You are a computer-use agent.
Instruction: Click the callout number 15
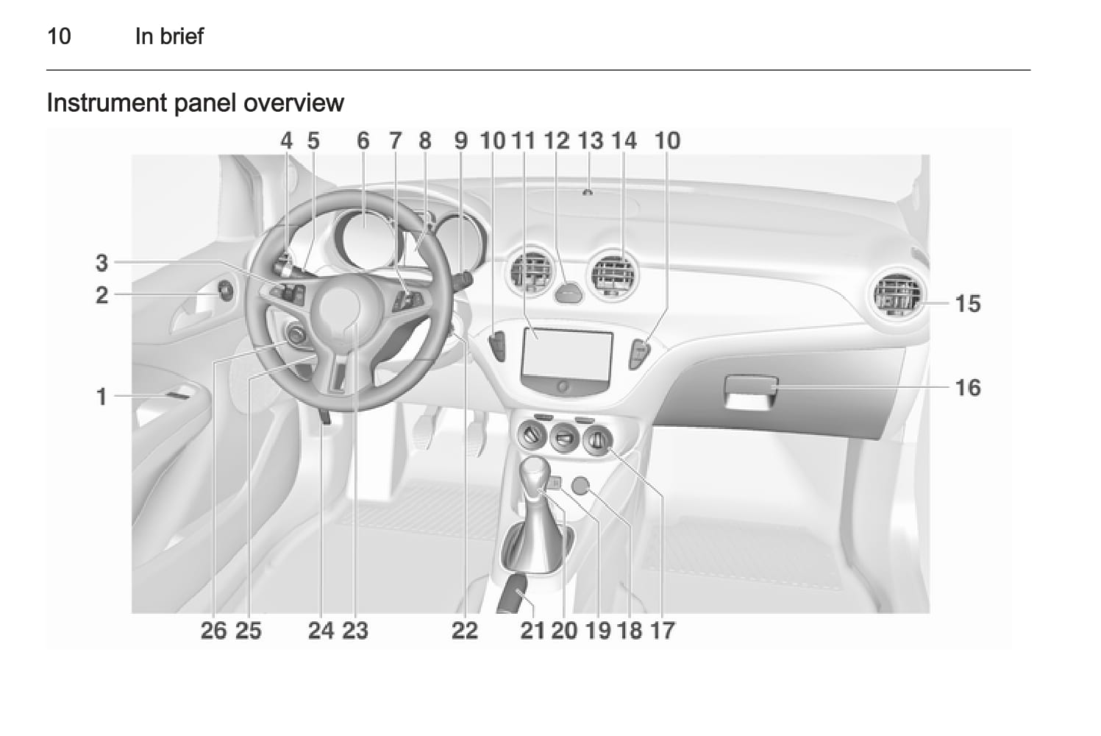[x=967, y=303]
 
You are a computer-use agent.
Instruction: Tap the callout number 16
[x=967, y=388]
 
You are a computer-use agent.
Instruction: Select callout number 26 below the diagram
[x=214, y=630]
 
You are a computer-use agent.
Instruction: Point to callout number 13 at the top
[x=590, y=141]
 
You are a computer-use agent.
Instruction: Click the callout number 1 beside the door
[x=101, y=397]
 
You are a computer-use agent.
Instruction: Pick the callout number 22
[x=465, y=630]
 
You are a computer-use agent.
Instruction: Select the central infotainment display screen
[x=567, y=354]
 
